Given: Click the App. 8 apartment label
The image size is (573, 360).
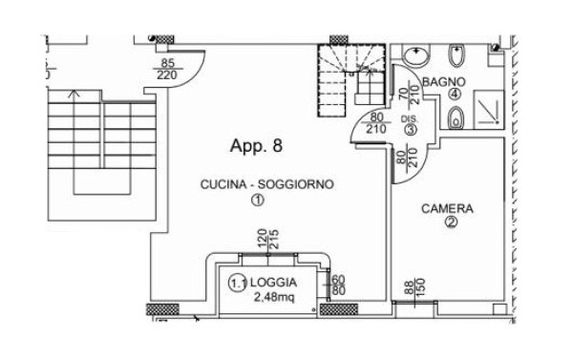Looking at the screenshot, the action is pyautogui.click(x=256, y=146).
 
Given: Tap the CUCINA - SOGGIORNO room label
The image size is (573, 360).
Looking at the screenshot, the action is pyautogui.click(x=267, y=184).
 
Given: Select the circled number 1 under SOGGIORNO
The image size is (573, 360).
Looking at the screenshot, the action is pyautogui.click(x=258, y=201).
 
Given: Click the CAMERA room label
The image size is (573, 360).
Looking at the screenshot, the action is pyautogui.click(x=447, y=209).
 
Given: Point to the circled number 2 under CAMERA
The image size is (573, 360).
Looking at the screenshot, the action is pyautogui.click(x=451, y=222).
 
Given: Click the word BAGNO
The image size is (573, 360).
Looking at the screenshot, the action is pyautogui.click(x=444, y=82).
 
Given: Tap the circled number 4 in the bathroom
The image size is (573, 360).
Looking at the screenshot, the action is pyautogui.click(x=455, y=95).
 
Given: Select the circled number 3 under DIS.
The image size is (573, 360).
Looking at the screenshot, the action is pyautogui.click(x=410, y=129).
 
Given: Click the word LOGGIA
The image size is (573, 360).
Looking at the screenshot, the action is pyautogui.click(x=273, y=283).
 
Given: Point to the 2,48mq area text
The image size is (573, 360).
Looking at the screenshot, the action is pyautogui.click(x=274, y=298).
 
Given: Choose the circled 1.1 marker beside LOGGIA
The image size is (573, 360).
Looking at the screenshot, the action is pyautogui.click(x=238, y=284).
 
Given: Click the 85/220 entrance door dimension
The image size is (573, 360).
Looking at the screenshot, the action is pyautogui.click(x=167, y=69).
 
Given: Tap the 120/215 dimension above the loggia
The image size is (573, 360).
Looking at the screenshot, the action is pyautogui.click(x=268, y=239).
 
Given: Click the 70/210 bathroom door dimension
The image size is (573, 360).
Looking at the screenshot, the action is pyautogui.click(x=409, y=95).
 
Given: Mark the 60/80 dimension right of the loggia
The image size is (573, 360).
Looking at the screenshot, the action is pyautogui.click(x=336, y=286).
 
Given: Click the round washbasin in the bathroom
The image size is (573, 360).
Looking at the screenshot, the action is pyautogui.click(x=415, y=56).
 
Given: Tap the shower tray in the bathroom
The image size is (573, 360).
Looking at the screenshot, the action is pyautogui.click(x=489, y=109).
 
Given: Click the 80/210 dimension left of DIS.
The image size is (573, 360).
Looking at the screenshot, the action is pyautogui.click(x=375, y=123).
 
